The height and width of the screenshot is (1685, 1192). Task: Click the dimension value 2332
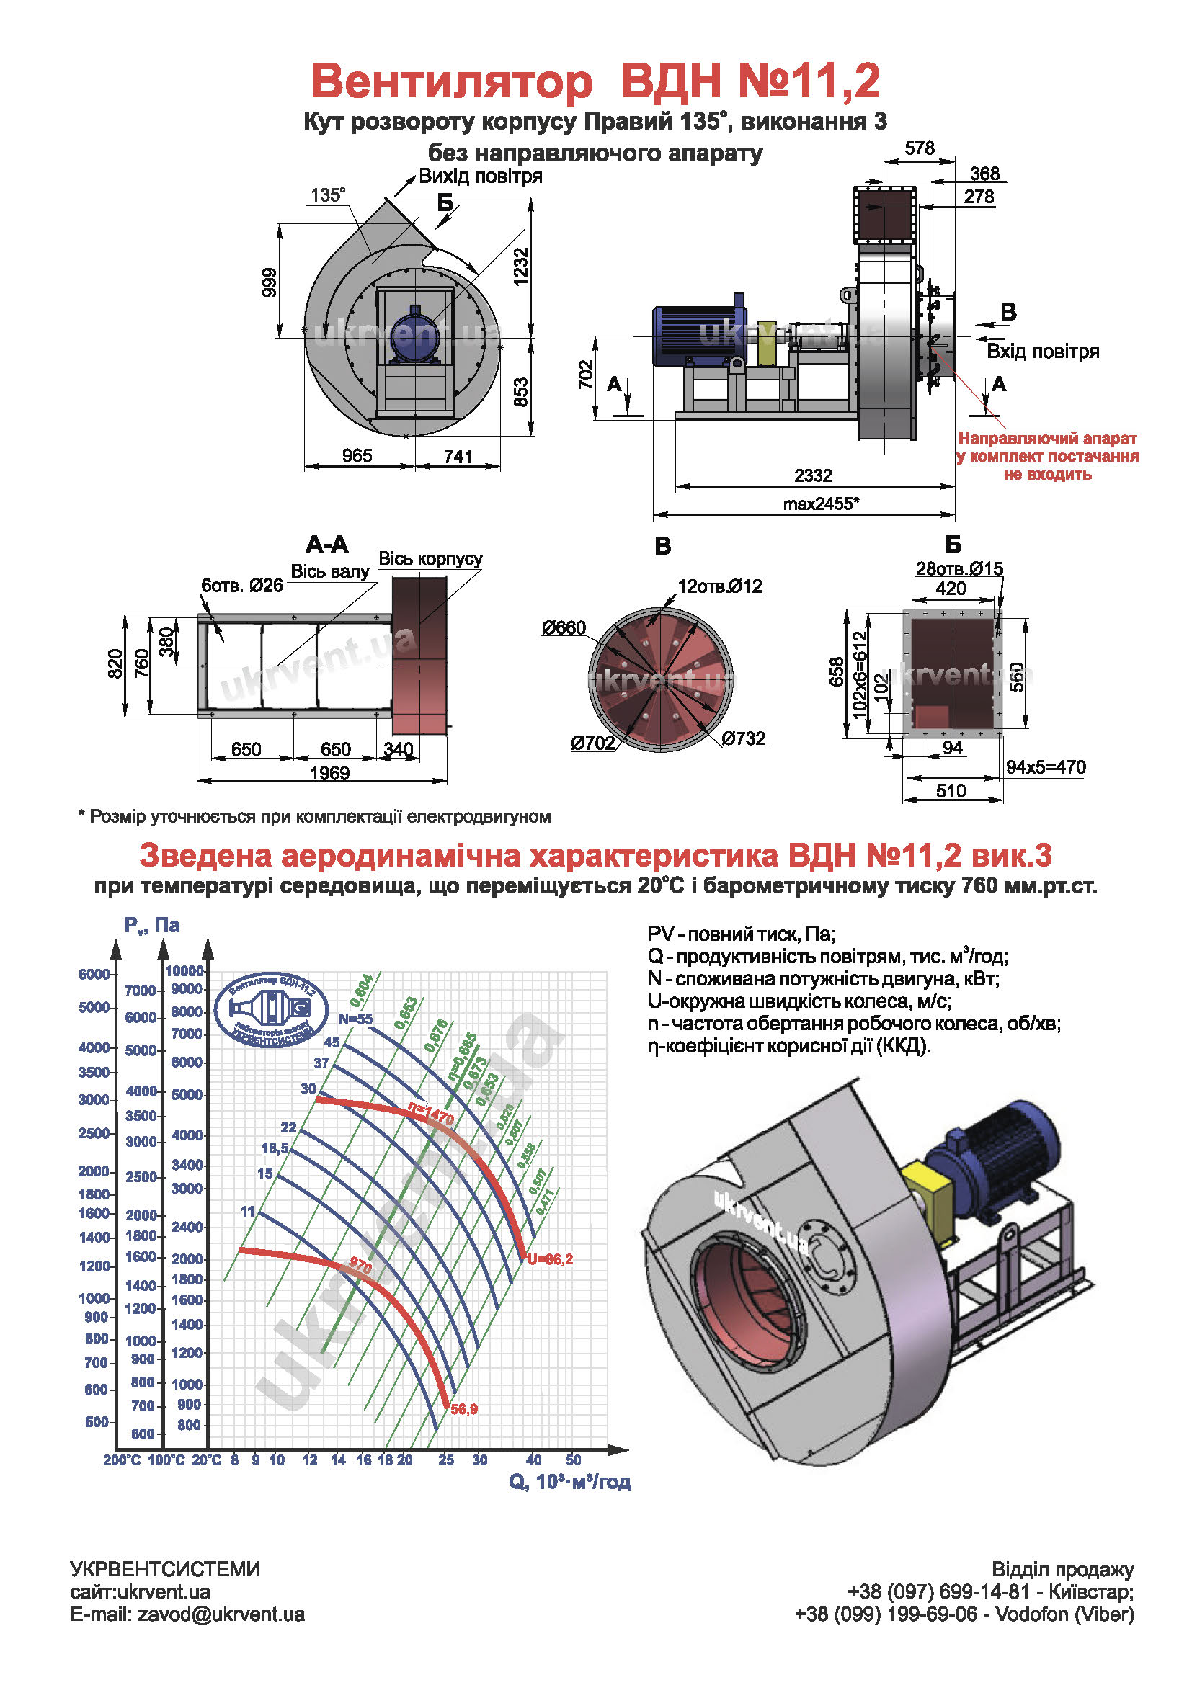pyautogui.click(x=812, y=475)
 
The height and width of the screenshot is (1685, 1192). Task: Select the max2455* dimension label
pyautogui.click(x=821, y=504)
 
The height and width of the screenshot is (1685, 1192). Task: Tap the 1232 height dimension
pyautogui.click(x=520, y=267)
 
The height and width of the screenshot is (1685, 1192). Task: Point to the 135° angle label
pyautogui.click(x=327, y=195)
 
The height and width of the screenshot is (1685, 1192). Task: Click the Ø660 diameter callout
pyautogui.click(x=564, y=627)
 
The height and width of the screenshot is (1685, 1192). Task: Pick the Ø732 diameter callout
pyautogui.click(x=744, y=738)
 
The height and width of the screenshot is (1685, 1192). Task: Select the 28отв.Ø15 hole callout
pyautogui.click(x=959, y=569)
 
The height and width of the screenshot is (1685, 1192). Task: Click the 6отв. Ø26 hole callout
pyautogui.click(x=242, y=586)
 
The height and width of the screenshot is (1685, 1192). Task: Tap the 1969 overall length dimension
pyautogui.click(x=329, y=773)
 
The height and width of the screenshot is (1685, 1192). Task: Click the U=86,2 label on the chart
pyautogui.click(x=550, y=1259)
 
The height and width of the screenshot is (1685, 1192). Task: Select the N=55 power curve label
pyautogui.click(x=355, y=1019)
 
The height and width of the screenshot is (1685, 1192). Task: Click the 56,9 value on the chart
pyautogui.click(x=464, y=1409)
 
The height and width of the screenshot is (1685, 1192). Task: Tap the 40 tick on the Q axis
pyautogui.click(x=533, y=1460)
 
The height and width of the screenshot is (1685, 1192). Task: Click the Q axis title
pyautogui.click(x=569, y=1482)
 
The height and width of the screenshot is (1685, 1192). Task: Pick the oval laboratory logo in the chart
pyautogui.click(x=272, y=1011)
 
